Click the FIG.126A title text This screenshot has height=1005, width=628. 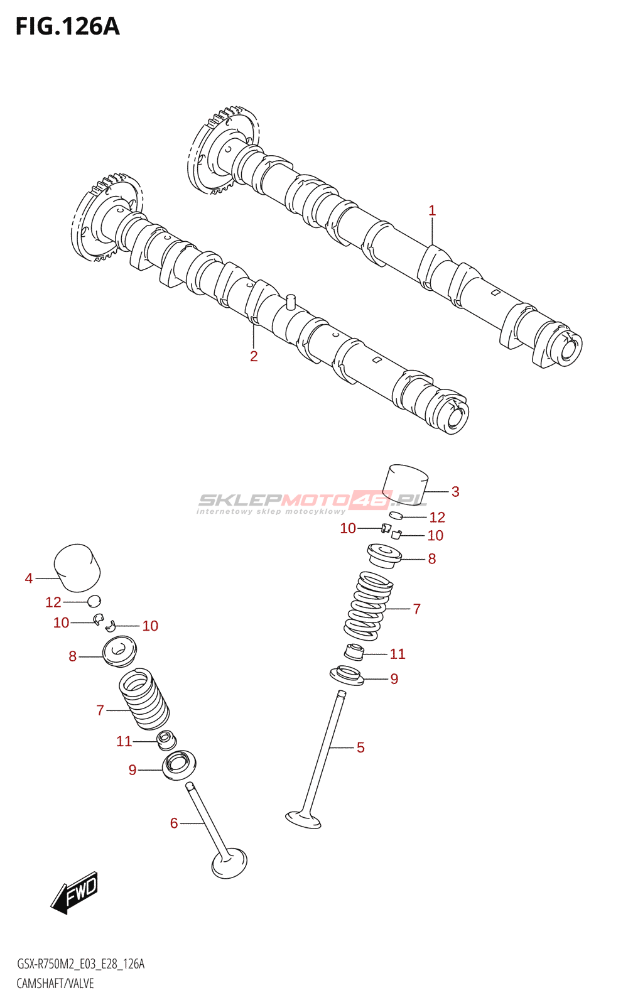[x=67, y=27]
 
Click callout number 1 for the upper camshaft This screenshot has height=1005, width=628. [x=432, y=211]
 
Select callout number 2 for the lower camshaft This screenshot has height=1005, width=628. [x=254, y=356]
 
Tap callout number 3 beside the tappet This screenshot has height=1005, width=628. [x=455, y=492]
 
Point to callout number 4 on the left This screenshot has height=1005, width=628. [x=29, y=578]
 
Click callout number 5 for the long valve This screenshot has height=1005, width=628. [x=360, y=747]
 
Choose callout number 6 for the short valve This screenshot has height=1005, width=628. [x=174, y=823]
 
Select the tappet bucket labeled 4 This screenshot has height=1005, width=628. [x=77, y=568]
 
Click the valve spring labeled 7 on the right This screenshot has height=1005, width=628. [x=369, y=606]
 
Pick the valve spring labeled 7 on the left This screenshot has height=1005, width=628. [x=144, y=698]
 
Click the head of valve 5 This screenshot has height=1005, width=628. [x=303, y=819]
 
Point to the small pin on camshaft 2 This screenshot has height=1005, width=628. [x=290, y=300]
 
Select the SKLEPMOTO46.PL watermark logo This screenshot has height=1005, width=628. [x=312, y=501]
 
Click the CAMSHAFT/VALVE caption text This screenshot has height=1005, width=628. [x=55, y=983]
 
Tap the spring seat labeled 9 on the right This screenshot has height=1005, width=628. [x=347, y=676]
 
